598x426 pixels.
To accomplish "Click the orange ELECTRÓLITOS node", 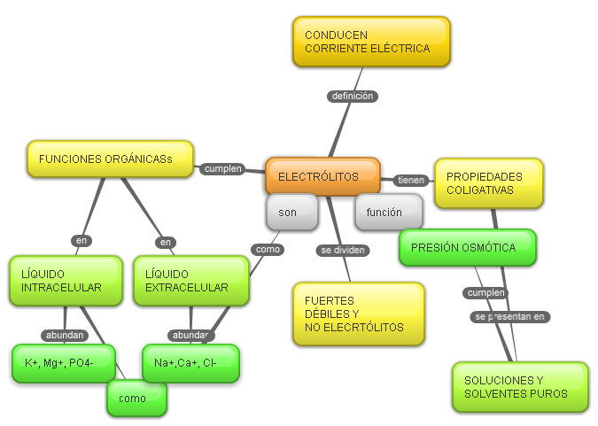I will tap(322, 176).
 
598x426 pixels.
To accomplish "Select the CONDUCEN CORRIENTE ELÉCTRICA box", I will tap(371, 42).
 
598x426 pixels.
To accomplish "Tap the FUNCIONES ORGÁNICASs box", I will tap(110, 159).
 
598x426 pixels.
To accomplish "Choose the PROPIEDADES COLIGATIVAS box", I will tap(488, 183).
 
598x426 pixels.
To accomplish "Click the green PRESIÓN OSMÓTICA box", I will tap(468, 247).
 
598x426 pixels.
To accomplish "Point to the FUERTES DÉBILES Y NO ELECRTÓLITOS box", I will tap(358, 314).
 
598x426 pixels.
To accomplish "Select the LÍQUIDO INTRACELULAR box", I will tap(66, 281).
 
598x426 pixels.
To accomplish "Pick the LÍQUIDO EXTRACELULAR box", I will tap(190, 281).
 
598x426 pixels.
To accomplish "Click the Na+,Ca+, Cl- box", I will tap(190, 363).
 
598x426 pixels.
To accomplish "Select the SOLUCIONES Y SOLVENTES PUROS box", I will tap(520, 386).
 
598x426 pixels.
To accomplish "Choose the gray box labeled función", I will tap(388, 213).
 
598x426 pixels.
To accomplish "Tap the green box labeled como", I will tap(136, 399).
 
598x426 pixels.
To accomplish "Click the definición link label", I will tap(352, 96).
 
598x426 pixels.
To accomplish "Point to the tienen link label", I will tap(412, 180).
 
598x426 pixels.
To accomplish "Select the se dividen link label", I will tap(343, 251).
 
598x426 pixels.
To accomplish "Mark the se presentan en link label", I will tap(510, 316).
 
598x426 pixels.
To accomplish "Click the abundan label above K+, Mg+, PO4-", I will tap(66, 335).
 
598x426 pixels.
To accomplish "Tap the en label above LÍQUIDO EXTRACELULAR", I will tap(166, 242).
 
